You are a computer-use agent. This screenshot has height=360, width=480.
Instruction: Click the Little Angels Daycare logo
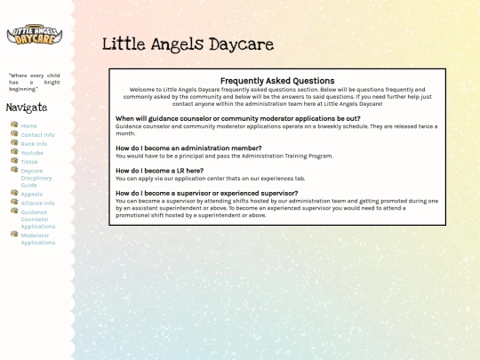coord(35,36)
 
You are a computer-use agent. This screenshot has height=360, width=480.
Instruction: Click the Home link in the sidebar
coord(29,125)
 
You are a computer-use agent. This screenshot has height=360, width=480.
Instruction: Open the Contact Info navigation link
coord(37,134)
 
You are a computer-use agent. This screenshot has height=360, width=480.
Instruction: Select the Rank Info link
coord(35,143)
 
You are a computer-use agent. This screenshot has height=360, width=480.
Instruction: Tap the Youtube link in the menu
coord(32,152)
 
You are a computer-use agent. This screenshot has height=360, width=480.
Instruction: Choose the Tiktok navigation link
coord(30,161)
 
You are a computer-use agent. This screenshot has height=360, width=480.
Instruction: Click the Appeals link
coord(32,194)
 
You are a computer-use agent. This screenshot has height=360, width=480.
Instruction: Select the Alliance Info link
coord(37,203)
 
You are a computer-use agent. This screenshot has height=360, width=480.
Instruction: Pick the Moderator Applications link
coord(38,238)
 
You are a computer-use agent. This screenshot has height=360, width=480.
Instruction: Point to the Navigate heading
coord(27,108)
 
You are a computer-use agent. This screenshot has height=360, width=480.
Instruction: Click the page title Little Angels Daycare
coord(188,44)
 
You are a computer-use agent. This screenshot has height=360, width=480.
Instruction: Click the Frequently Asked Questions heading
coord(276,81)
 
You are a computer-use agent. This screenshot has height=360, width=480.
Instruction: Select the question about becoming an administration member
coord(188,148)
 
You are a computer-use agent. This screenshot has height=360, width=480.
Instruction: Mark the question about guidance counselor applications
coord(237,118)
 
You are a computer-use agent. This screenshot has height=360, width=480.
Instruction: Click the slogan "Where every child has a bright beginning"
coord(35,82)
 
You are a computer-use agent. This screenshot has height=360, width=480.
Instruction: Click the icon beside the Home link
coord(14,125)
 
